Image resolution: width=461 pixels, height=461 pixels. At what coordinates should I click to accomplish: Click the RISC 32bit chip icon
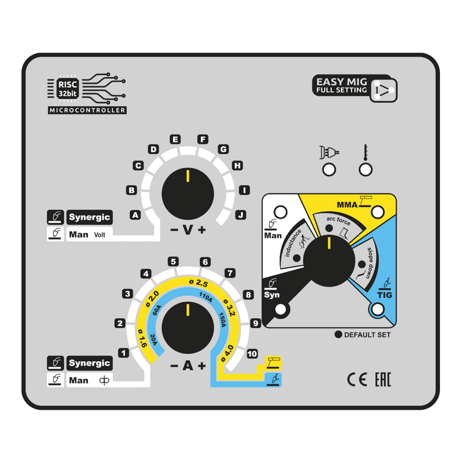point(68,89)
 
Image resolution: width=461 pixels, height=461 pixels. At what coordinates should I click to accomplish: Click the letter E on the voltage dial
point(175,139)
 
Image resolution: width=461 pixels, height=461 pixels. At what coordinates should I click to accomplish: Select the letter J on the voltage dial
point(240,215)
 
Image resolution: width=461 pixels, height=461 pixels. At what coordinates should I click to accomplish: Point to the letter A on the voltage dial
point(135,215)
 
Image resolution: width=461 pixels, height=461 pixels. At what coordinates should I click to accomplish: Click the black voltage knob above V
point(188,193)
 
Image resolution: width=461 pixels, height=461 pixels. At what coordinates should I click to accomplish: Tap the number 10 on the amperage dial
point(252,354)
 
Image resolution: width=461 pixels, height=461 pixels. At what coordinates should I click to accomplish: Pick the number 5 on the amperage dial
point(173,262)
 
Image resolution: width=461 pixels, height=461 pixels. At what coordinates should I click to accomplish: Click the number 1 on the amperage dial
point(123,353)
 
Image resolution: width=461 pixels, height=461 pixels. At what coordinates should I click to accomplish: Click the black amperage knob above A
point(188,327)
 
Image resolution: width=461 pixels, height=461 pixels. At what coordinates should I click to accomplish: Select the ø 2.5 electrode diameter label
point(199,283)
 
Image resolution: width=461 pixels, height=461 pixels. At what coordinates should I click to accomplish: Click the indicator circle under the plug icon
point(329,169)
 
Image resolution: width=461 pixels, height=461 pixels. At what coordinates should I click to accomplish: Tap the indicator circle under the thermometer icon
point(365,169)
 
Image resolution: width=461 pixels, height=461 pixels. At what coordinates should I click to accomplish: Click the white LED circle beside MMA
point(377,212)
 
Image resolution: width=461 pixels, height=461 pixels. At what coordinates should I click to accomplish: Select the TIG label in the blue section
point(384,295)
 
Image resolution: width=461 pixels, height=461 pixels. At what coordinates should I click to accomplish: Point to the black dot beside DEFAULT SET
point(338,335)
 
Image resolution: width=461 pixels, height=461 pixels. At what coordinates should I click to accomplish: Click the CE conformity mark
point(357,380)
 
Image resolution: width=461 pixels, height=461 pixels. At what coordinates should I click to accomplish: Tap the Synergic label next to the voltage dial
point(90,217)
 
